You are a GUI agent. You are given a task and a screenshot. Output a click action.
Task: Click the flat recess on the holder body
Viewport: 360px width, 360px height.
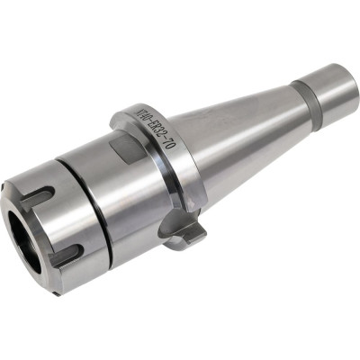tap(123, 147)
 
